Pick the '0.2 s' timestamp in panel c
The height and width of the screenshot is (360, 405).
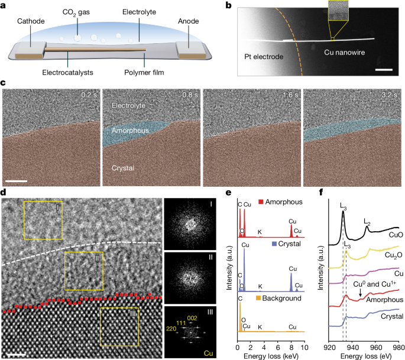pos(88,94)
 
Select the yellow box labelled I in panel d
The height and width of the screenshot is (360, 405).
pos(43,220)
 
